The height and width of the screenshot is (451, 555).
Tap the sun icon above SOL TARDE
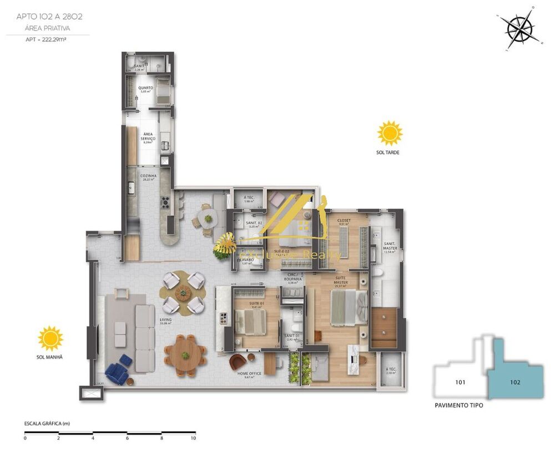[x=390, y=133]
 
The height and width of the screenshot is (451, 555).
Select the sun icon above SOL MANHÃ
[x=51, y=338]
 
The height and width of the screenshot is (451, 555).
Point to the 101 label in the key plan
[x=460, y=382]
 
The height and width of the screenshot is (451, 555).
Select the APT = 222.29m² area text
[x=46, y=39]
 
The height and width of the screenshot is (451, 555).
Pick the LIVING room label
[x=165, y=320]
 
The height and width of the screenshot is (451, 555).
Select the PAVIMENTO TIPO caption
[x=458, y=406]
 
